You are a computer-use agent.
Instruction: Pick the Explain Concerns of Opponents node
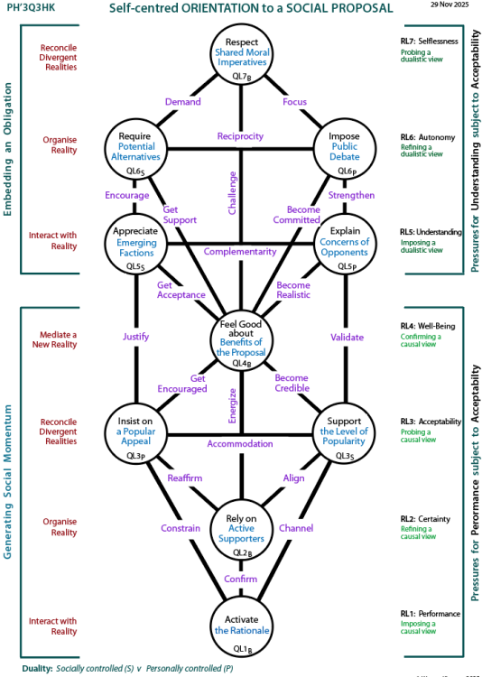point(345,242)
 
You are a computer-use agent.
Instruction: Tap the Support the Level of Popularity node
point(345,432)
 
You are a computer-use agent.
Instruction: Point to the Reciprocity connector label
point(240,136)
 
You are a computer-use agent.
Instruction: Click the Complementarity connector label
point(240,251)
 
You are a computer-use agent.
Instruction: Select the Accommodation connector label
point(240,444)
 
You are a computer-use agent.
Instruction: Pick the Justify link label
point(136,338)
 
